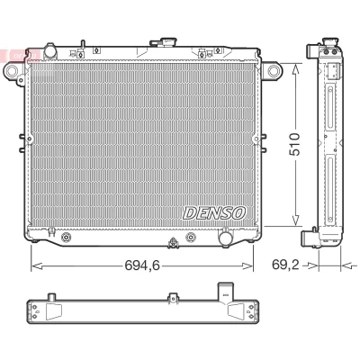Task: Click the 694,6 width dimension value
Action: pos(142,265)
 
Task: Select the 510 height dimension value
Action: pos(294,144)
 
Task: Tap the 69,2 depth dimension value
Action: pos(285,265)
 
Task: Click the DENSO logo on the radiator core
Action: pos(214,212)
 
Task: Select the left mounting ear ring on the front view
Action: pos(12,71)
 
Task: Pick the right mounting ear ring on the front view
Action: pos(274,71)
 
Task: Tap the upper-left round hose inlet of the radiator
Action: pos(50,51)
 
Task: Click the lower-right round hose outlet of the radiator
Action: pos(225,238)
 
